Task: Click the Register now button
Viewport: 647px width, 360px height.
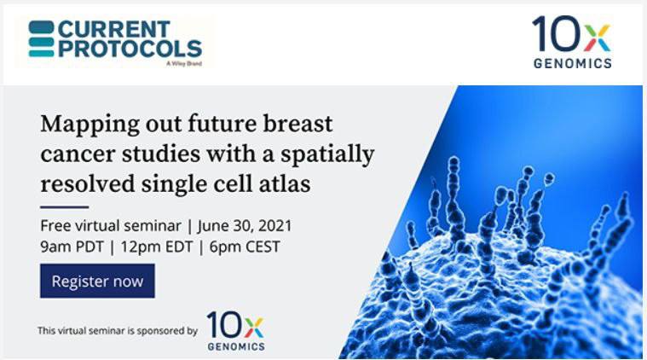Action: click(97, 281)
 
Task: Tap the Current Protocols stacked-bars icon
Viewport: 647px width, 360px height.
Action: click(41, 38)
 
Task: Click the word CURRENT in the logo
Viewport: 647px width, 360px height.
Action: click(114, 29)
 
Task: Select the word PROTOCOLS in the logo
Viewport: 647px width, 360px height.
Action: click(130, 49)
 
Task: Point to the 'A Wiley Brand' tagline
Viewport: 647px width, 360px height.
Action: click(184, 64)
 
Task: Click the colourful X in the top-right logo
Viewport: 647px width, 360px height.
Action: click(597, 38)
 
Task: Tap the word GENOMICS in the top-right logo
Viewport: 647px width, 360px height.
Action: click(573, 63)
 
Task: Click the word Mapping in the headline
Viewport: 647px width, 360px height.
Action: click(90, 125)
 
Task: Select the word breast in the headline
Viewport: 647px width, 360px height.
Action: click(298, 124)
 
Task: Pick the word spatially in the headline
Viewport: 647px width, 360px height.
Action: click(327, 155)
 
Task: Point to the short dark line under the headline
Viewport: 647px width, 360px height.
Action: click(65, 206)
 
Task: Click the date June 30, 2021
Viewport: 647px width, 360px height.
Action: click(245, 226)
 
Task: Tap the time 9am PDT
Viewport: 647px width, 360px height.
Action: click(72, 247)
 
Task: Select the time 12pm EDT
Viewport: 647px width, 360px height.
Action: click(157, 247)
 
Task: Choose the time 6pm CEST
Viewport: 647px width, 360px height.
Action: click(245, 247)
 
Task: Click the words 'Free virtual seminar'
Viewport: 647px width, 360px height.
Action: click(111, 226)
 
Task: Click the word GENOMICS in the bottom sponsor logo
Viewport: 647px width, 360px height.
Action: click(236, 346)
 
